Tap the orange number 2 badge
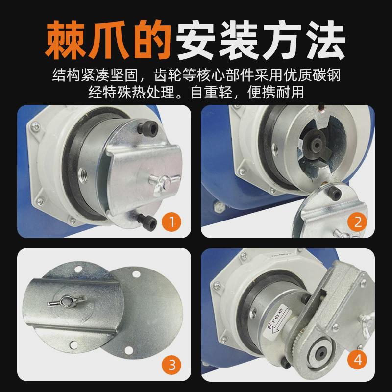tap(357, 222)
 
